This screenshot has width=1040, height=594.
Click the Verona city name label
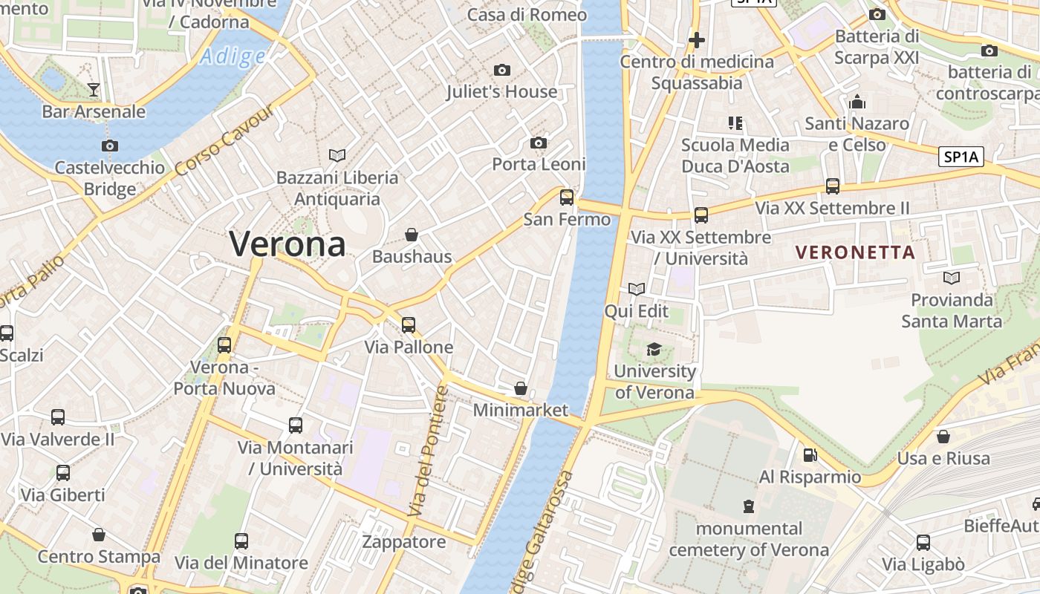(287, 244)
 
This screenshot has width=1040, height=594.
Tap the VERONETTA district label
(855, 252)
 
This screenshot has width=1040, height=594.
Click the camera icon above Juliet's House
(502, 71)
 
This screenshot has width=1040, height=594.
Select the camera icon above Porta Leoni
(539, 143)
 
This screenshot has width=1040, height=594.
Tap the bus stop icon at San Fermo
(567, 198)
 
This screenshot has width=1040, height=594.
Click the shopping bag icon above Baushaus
(412, 235)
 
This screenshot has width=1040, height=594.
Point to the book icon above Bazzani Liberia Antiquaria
(337, 156)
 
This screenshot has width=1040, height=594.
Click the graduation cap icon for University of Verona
(654, 350)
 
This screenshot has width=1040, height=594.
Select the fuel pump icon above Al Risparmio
(810, 455)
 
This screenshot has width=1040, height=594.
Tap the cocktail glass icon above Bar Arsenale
(94, 90)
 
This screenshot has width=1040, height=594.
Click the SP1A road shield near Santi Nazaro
(961, 157)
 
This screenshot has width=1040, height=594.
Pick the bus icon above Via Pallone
(409, 325)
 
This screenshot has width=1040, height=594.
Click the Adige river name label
(233, 56)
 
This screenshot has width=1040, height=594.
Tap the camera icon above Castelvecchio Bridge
(110, 146)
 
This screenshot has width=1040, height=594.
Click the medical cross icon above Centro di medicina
(696, 40)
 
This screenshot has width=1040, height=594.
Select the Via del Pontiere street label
(429, 451)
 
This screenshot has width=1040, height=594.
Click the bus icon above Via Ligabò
(923, 543)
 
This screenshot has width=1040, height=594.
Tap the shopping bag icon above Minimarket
(521, 388)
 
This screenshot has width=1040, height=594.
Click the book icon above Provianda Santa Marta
(951, 278)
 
